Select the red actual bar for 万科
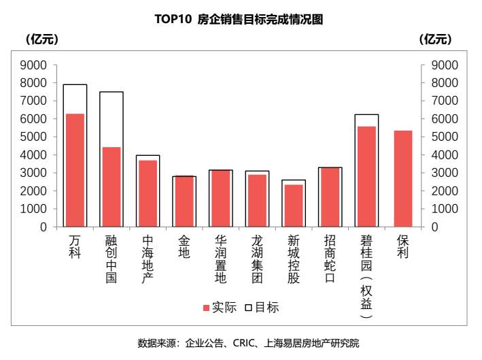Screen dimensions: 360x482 [75, 170]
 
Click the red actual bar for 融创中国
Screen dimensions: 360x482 [111, 187]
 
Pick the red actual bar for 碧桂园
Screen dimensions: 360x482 [366, 177]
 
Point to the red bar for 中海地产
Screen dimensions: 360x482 [148, 194]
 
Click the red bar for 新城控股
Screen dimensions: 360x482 [294, 206]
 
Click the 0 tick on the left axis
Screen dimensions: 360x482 [42, 227]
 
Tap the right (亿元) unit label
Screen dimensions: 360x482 [436, 39]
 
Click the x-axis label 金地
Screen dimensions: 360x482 [184, 247]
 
